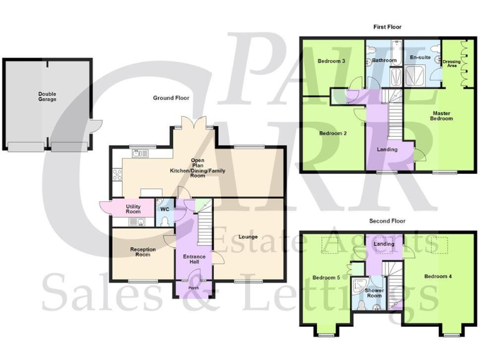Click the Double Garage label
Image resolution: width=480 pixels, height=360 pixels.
coord(47,96)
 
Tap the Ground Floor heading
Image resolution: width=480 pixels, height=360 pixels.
coord(171,98)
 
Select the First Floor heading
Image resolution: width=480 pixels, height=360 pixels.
coord(387,27)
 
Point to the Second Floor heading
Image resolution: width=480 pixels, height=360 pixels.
coord(387,221)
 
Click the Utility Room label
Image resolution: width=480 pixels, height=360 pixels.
coord(133,209)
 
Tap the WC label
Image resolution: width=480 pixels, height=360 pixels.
coord(165,209)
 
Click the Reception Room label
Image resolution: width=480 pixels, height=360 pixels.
coord(143,252)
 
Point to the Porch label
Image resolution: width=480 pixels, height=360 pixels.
coord(194,288)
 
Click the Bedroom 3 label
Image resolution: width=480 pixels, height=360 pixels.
coord(331,61)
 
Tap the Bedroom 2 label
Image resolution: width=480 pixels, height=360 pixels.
coord(332,133)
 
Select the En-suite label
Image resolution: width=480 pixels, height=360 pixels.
coord(421,57)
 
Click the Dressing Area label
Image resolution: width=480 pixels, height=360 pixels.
coord(451,63)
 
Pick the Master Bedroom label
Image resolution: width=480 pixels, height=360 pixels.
coord(442,116)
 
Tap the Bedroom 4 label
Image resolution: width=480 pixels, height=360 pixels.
coord(437,276)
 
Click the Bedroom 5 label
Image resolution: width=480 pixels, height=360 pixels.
coord(326,277)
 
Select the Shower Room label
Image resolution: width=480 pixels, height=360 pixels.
coord(374,293)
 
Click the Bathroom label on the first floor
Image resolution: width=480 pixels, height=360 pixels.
coord(384,60)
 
